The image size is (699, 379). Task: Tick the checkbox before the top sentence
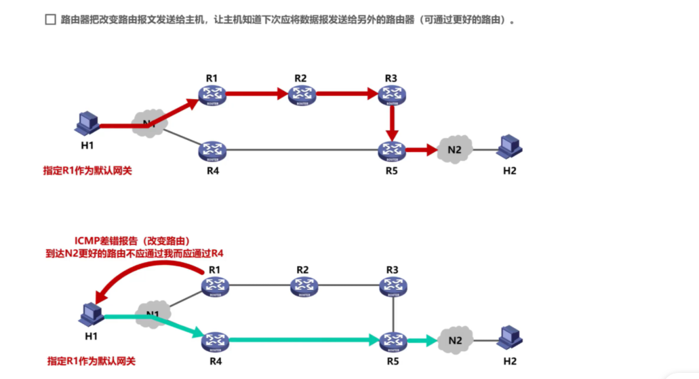pos(50,20)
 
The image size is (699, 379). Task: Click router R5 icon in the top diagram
pos(391,150)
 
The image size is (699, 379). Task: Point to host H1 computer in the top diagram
pos(87,124)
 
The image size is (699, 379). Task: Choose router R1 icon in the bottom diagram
pos(215,286)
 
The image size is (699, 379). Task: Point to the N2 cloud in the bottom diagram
pos(456,340)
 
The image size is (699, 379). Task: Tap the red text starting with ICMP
pos(132,241)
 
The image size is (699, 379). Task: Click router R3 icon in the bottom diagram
pos(393,286)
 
